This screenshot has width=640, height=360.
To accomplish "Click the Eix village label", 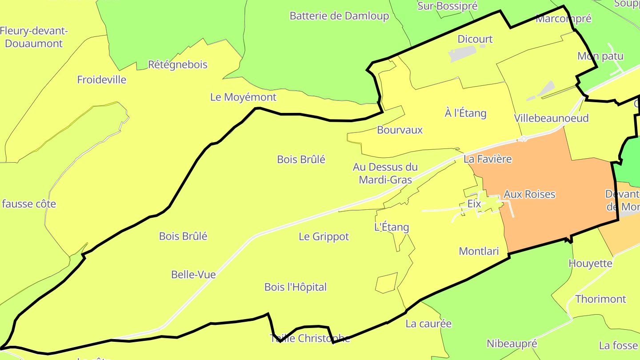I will point(474,204).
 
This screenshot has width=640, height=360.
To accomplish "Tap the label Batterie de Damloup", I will point(339,16).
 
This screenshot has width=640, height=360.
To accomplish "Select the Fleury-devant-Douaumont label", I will point(34,37).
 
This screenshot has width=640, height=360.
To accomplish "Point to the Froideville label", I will point(102,80).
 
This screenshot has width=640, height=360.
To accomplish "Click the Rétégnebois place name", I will point(178,65).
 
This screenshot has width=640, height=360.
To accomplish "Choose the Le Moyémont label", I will point(243,97).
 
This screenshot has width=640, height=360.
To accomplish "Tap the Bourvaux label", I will point(400,130).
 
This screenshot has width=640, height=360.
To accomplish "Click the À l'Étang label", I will point(465,113).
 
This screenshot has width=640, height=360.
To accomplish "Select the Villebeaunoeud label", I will point(551,118).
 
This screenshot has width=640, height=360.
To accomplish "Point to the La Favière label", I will point(488,159).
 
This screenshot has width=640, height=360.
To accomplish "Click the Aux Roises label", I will point(529,194).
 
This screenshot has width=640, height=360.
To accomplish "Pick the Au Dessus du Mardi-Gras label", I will point(385,173).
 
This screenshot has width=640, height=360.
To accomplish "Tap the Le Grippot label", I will point(324,237).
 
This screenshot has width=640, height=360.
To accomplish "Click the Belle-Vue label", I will point(193,275).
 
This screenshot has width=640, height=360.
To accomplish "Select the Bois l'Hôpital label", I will point(295,287).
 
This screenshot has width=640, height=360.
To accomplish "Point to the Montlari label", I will point(479,252).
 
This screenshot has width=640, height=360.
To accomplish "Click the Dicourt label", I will point(475,39).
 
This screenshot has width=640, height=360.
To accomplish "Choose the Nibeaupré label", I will point(512,344).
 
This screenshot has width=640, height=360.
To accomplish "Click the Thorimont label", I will point(600,299).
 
